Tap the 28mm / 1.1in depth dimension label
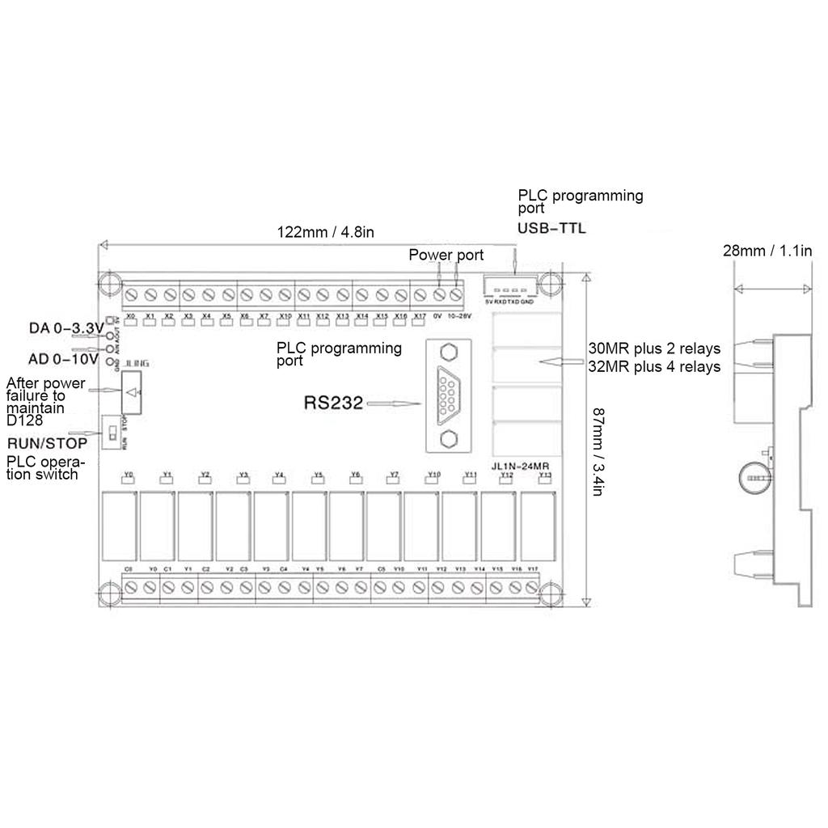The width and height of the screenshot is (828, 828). (x=767, y=251)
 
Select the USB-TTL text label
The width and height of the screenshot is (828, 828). (x=551, y=229)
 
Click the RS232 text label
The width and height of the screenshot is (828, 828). (x=333, y=402)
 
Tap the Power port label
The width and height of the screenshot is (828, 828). (x=446, y=256)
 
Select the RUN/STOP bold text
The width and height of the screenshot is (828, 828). (x=47, y=443)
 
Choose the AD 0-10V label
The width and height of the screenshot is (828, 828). (x=64, y=357)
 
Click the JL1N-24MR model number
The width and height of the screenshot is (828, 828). (x=522, y=466)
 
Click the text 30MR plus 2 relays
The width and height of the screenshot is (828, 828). (x=654, y=349)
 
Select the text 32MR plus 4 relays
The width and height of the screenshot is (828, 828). (x=654, y=367)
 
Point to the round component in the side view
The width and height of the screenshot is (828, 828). (x=755, y=479)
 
